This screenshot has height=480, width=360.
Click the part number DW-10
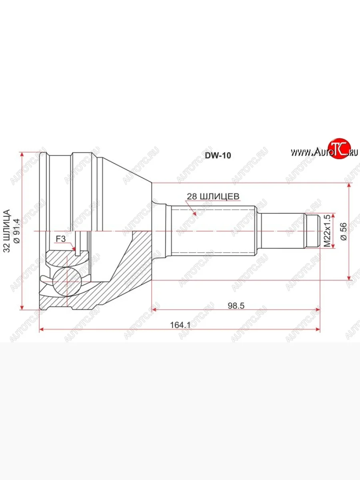pos(218,156)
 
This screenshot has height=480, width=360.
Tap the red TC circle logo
pos(340,149)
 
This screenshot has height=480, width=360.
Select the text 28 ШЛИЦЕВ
pos(213,196)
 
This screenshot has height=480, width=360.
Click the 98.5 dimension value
pos(236,306)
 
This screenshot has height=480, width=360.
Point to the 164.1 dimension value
pos(180,325)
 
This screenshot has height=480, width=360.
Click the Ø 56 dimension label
pos(344,232)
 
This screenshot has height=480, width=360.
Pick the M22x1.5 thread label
pos(327,231)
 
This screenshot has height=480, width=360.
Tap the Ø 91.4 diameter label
pos(17,231)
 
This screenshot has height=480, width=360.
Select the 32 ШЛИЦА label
pos(7,231)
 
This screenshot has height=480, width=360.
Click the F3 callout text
pos(60,239)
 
